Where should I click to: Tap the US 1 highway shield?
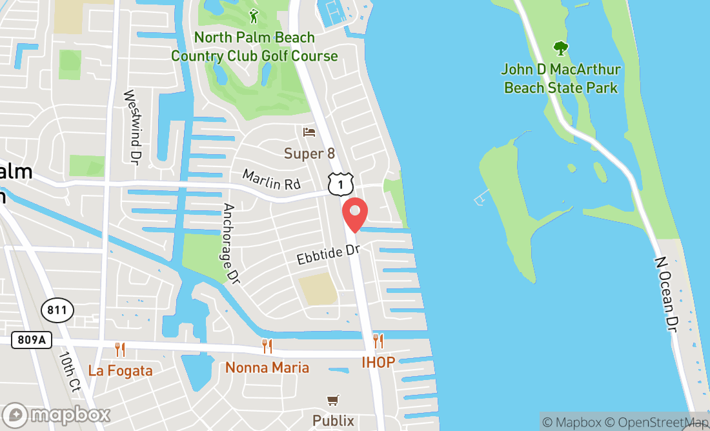point(340,185)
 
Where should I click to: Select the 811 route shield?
point(57,310)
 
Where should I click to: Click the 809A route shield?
point(31,340)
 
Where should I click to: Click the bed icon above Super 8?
point(309,132)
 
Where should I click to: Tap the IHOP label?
point(378,362)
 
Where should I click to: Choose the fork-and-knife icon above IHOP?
point(378,341)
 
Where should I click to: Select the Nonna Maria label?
point(267,368)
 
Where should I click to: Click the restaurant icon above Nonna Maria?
point(267,346)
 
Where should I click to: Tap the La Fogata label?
point(120,370)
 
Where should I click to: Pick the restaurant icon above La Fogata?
point(120,350)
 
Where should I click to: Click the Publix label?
point(333,421)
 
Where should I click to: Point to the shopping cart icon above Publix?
point(333,401)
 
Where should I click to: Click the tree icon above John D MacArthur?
point(561,48)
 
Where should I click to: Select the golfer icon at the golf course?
point(254,16)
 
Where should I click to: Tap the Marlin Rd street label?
point(272,179)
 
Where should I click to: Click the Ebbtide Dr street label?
point(328,254)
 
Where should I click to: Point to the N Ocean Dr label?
point(667,294)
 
